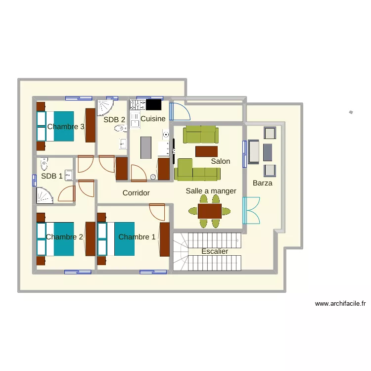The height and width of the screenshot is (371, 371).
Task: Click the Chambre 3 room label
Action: [x=66, y=127]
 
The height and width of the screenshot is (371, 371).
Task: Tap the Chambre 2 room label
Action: [x=64, y=237]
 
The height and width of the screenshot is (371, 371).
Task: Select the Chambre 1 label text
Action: [x=137, y=237]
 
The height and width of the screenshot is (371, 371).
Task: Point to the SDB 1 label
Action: [x=52, y=176]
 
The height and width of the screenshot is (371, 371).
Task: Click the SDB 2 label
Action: [x=114, y=119]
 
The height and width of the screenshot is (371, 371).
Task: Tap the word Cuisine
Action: [x=153, y=119]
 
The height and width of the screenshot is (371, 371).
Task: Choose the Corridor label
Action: [x=136, y=193]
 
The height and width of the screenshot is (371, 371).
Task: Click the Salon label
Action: [x=220, y=161]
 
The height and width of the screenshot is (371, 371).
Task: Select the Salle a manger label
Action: [x=211, y=191]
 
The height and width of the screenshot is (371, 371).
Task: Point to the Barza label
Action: [x=262, y=183]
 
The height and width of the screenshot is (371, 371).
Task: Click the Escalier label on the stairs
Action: [x=215, y=251]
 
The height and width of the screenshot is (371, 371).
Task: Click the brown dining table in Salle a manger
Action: [x=209, y=211]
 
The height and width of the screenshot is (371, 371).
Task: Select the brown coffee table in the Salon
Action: [x=206, y=151]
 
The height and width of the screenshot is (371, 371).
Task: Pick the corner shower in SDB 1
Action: [x=45, y=195]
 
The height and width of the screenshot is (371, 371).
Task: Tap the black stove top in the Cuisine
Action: [x=153, y=104]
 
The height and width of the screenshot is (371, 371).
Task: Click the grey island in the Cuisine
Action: [x=145, y=147]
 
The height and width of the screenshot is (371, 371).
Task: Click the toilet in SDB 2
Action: [x=119, y=129]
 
